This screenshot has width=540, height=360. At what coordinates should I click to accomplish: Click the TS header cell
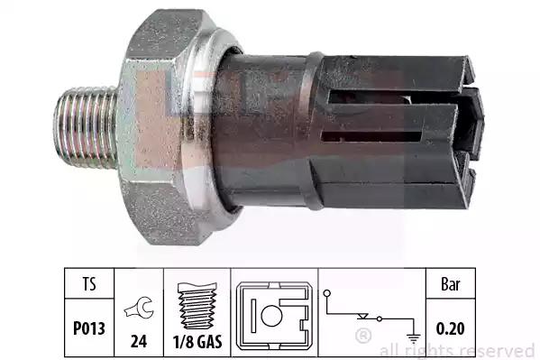(89, 284)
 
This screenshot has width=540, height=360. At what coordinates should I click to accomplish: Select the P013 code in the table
(89, 328)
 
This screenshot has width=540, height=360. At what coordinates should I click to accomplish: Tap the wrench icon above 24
(139, 307)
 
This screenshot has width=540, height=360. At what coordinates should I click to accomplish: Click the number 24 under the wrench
(139, 341)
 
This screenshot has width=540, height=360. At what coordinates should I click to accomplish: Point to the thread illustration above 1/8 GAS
(197, 306)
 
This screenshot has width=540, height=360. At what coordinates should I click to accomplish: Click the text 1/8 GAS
(197, 341)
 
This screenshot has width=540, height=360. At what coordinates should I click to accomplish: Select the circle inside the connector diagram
(271, 316)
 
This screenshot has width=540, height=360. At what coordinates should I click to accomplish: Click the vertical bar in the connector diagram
(253, 316)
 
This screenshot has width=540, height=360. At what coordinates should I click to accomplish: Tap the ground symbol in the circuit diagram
(413, 338)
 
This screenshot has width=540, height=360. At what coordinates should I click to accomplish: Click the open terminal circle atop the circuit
(327, 293)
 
